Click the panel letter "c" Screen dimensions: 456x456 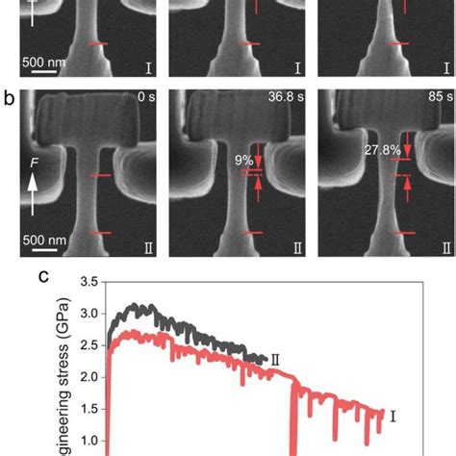pyautogui.click(x=44, y=276)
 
